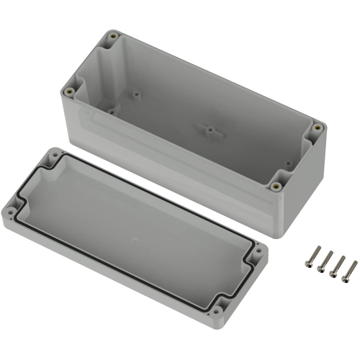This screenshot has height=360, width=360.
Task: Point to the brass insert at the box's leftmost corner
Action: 69,91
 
